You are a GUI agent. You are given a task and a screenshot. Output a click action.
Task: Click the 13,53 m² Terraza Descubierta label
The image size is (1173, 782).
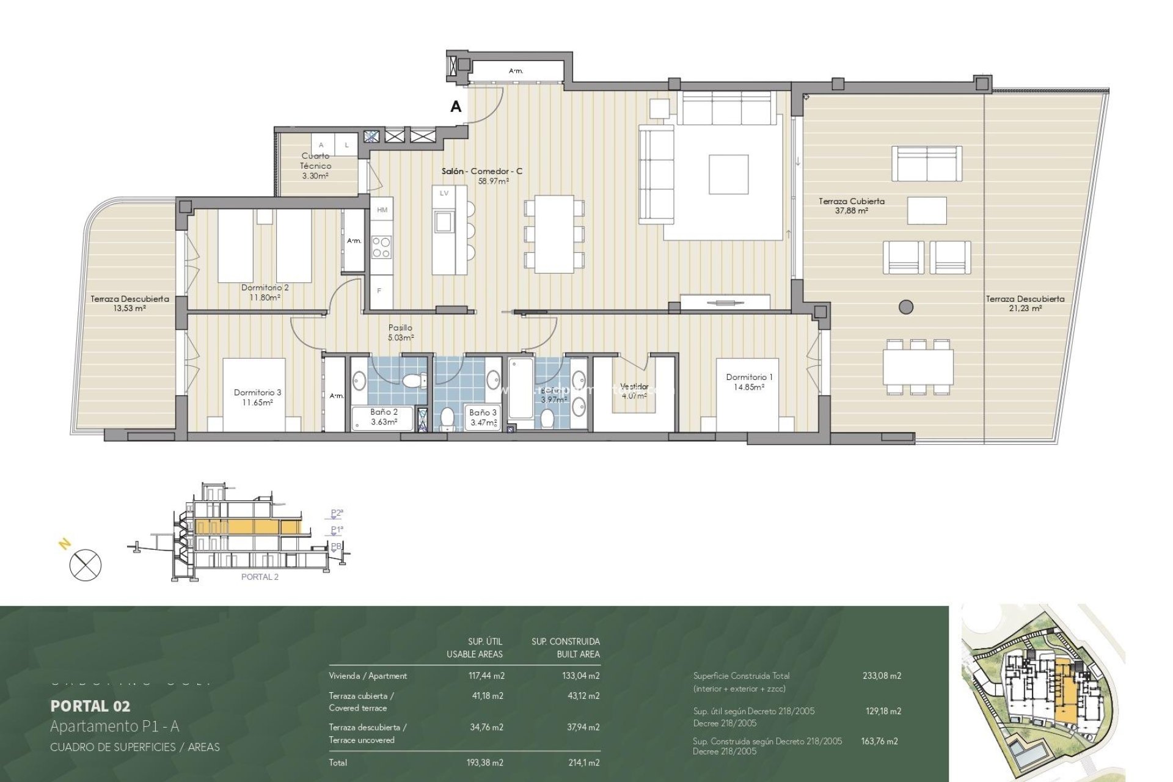(130, 304)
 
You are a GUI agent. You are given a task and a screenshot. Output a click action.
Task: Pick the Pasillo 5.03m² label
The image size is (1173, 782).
(400, 332)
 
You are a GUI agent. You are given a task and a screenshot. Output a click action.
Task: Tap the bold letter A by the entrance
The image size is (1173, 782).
(456, 107)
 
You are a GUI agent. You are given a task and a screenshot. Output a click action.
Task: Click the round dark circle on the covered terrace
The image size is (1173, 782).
(906, 307)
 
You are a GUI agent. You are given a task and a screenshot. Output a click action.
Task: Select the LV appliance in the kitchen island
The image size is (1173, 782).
(444, 193)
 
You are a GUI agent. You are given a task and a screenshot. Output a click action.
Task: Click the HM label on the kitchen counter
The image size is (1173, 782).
(382, 210)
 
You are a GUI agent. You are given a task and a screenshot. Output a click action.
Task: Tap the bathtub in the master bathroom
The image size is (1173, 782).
(521, 388)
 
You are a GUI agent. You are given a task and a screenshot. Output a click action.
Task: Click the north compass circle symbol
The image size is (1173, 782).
(86, 565)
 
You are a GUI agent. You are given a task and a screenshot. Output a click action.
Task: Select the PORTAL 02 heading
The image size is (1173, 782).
(90, 706)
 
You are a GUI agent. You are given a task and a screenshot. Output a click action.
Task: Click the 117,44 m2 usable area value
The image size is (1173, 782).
(486, 676)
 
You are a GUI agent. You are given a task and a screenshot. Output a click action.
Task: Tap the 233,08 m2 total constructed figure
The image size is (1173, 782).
(882, 676)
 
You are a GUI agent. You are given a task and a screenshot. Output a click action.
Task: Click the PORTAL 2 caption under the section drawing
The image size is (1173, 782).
(260, 577)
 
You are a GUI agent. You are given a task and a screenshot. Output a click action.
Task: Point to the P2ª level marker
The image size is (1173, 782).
(337, 513)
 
